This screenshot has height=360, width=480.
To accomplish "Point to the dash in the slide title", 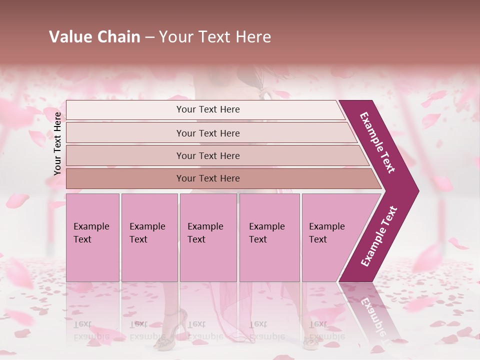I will pyautogui.click(x=149, y=37).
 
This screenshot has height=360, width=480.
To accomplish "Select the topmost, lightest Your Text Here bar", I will pyautogui.click(x=208, y=109).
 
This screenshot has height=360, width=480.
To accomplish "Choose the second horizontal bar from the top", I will pyautogui.click(x=208, y=133).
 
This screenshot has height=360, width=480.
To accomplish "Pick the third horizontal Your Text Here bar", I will pyautogui.click(x=208, y=155).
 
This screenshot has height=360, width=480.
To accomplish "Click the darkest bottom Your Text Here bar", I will pyautogui.click(x=208, y=178).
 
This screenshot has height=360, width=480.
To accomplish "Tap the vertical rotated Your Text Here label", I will pyautogui.click(x=57, y=143).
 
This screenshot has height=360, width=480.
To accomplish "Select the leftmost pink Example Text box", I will pyautogui.click(x=92, y=237).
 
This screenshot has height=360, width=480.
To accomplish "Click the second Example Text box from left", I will pyautogui.click(x=149, y=237).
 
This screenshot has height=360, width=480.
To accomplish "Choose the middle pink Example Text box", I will pyautogui.click(x=208, y=237).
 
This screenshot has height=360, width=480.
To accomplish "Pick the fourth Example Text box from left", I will pyautogui.click(x=269, y=237).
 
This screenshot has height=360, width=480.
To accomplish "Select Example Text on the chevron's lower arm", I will pyautogui.click(x=378, y=236).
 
